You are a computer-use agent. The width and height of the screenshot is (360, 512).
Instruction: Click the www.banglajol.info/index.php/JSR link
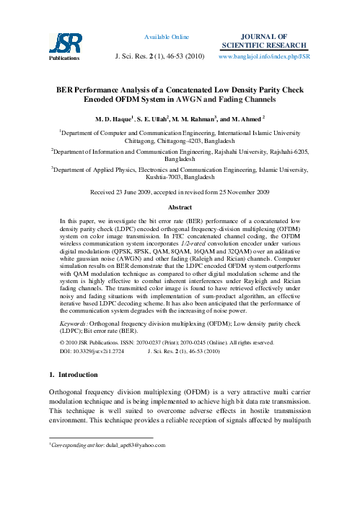pyautogui.click(x=263, y=55)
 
